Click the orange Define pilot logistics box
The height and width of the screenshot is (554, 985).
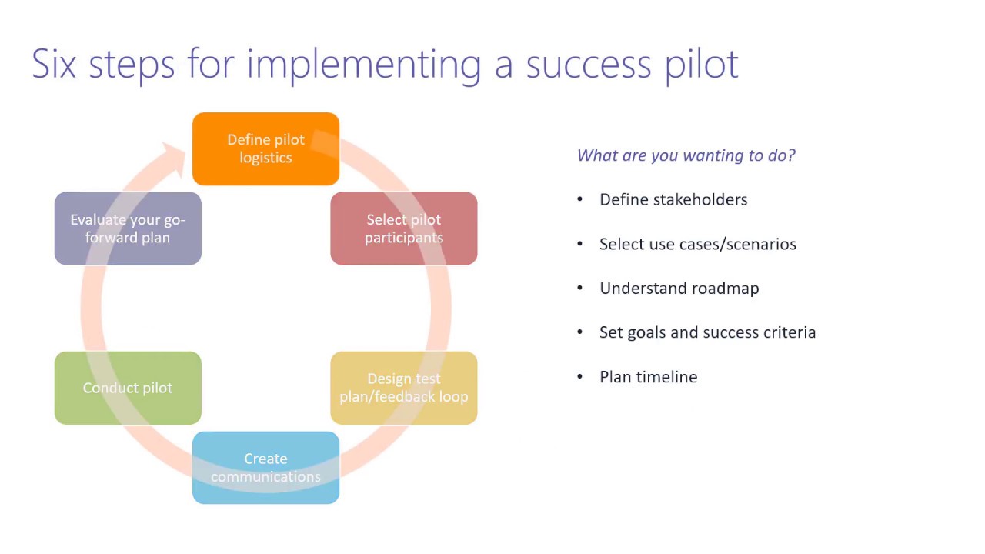[265, 149]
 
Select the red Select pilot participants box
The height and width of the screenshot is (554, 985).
[404, 229]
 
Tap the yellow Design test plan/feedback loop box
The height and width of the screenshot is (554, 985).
[404, 388]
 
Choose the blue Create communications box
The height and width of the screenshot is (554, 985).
[265, 468]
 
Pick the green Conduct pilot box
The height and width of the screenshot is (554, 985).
[128, 388]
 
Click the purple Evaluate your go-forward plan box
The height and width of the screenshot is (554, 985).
[128, 229]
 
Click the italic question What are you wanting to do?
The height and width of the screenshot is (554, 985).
[686, 155]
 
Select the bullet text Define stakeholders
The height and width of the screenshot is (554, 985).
[673, 199]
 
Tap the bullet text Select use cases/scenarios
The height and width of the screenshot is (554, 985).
[697, 244]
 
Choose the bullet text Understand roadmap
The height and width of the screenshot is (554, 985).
[679, 289]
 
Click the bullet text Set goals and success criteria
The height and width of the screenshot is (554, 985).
[707, 332]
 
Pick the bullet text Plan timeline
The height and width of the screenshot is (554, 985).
[648, 377]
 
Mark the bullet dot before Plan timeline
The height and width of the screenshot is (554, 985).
[580, 377]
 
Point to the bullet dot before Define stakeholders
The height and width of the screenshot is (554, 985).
[580, 199]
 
